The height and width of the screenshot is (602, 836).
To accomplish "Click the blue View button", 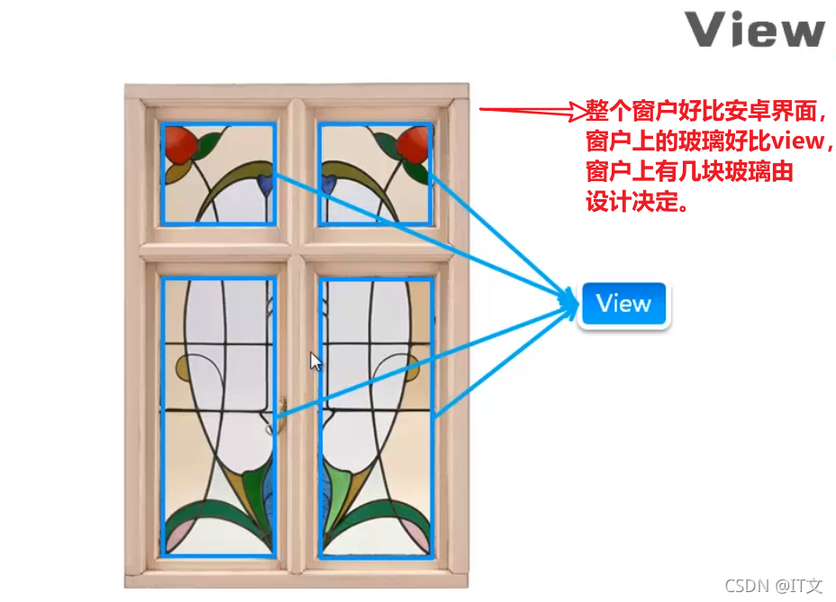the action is (623, 304).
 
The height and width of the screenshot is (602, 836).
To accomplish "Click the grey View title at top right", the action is (755, 30).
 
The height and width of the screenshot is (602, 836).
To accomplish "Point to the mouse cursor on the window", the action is (315, 360).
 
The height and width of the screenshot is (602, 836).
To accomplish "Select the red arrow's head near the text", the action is (577, 111).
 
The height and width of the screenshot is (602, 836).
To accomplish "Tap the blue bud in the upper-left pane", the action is (264, 184).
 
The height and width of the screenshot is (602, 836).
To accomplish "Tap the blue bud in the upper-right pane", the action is (329, 184).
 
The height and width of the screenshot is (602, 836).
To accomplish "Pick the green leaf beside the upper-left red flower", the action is (211, 144).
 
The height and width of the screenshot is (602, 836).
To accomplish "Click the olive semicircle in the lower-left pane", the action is (185, 368).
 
